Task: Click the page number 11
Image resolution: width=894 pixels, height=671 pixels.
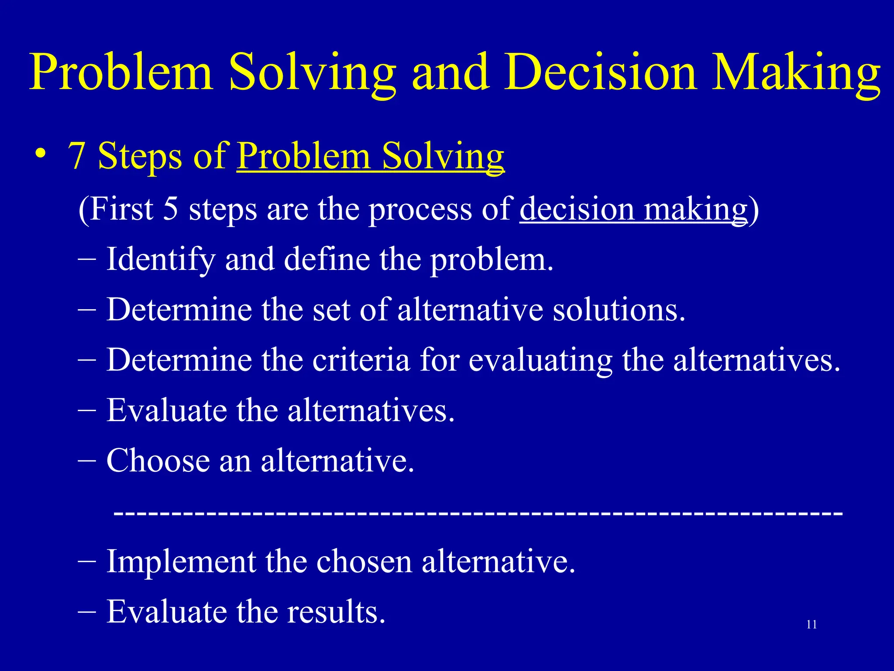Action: (x=811, y=625)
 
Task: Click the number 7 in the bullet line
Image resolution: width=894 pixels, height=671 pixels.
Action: (x=77, y=156)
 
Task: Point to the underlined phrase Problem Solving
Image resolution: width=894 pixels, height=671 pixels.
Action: (x=370, y=156)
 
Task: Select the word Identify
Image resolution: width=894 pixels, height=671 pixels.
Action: (x=160, y=259)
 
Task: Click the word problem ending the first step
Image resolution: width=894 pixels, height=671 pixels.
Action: (x=491, y=259)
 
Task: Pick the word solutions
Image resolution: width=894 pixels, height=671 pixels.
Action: (x=619, y=310)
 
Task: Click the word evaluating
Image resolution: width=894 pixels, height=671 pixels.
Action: (x=540, y=360)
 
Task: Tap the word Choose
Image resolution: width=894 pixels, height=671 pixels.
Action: (x=158, y=461)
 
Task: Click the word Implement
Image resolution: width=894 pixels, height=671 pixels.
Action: (x=181, y=562)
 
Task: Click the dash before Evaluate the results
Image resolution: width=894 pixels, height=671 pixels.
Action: (x=87, y=611)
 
